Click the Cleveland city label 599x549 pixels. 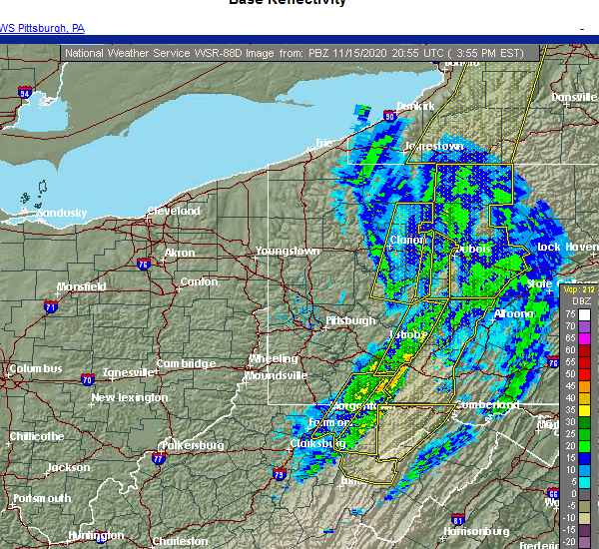coord(173,211)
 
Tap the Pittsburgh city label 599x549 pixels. coord(350,320)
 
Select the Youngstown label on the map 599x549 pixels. coord(288,251)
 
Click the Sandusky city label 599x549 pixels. coord(62,213)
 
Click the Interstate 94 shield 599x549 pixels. coord(25,93)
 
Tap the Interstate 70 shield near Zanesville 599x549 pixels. coord(88,379)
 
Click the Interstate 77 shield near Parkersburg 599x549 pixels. coord(158,459)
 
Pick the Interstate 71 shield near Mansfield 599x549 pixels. coord(50,308)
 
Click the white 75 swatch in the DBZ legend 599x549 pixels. coord(584,314)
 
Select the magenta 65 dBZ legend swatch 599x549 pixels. coord(584,338)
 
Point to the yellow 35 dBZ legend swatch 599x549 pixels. coord(584,409)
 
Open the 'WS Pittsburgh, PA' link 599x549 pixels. coord(42,28)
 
